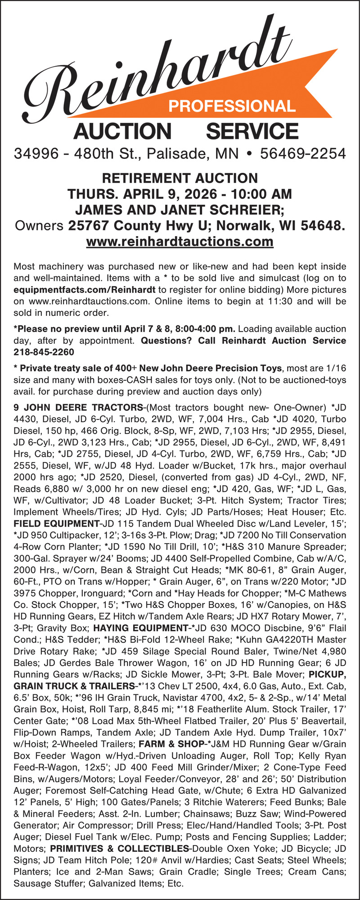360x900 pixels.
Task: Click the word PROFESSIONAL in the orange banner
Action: tap(232, 106)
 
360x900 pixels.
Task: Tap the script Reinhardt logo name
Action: tap(153, 67)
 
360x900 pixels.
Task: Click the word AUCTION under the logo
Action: tap(122, 131)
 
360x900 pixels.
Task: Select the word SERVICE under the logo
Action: tap(252, 131)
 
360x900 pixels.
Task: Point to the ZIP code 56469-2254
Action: tap(303, 154)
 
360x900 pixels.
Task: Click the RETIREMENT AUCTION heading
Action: tap(180, 178)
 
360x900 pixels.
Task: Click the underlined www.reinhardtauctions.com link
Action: tap(180, 242)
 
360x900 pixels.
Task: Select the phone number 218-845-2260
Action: tap(44, 351)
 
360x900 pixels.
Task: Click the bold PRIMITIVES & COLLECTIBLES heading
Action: tap(119, 848)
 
